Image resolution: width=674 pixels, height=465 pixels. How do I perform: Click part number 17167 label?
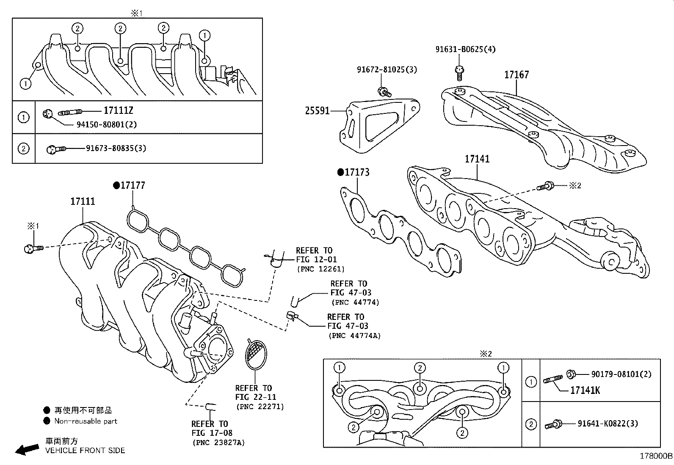point(516,75)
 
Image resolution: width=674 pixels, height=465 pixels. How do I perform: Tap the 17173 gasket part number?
point(357,172)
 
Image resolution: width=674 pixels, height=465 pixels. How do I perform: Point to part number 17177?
point(133,185)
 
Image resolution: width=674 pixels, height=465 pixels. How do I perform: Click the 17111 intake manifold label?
point(83,201)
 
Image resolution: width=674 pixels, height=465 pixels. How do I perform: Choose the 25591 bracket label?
point(317,111)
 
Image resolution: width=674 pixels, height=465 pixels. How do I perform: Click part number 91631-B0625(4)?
point(465,49)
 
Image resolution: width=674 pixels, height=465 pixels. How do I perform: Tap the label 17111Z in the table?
point(119,111)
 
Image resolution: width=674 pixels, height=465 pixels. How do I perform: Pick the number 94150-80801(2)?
point(106,124)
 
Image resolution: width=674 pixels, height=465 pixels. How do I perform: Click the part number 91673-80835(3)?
point(116,149)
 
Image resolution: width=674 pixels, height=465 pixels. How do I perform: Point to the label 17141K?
point(585,390)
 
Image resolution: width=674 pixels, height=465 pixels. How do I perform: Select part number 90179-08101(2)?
point(621,374)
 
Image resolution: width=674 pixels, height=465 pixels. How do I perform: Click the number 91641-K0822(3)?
point(608,424)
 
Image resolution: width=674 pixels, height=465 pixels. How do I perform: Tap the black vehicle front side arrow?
point(26,449)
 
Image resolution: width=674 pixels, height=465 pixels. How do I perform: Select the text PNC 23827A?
point(218,443)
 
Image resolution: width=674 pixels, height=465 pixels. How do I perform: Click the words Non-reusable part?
point(86,421)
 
